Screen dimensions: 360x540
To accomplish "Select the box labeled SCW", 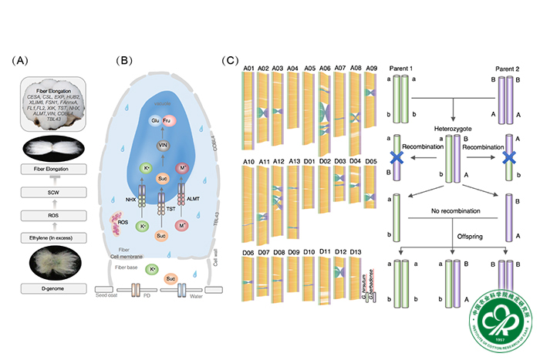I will click(x=53, y=192).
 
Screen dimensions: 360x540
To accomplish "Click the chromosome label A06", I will click(x=325, y=69).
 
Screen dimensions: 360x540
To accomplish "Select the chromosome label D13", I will click(x=356, y=251).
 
